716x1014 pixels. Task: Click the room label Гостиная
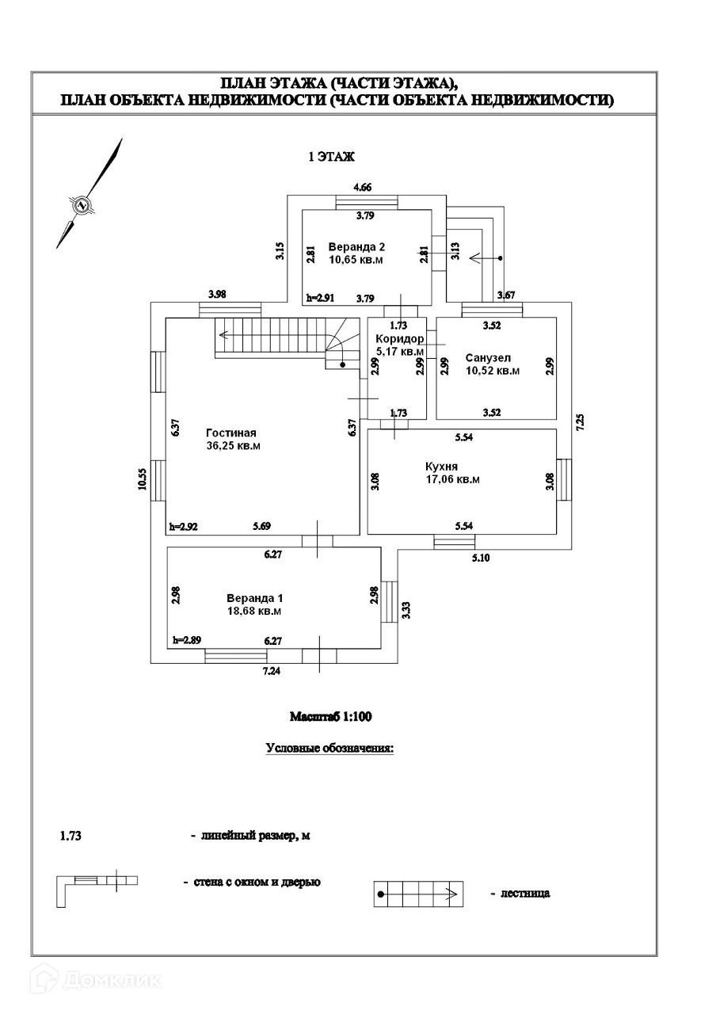click(x=230, y=433)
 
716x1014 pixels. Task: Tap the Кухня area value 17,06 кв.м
click(x=452, y=479)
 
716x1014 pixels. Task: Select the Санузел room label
click(x=488, y=357)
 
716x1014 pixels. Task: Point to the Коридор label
click(x=400, y=338)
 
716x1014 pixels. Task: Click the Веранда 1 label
click(x=255, y=598)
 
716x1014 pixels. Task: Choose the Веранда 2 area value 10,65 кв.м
click(x=356, y=260)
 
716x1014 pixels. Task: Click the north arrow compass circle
click(x=82, y=204)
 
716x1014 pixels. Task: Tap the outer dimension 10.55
click(x=143, y=479)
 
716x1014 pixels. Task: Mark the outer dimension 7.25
click(x=581, y=422)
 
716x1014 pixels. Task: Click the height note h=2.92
click(x=183, y=527)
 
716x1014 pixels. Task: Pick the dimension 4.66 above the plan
click(x=362, y=187)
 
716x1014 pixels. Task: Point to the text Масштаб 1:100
click(x=331, y=717)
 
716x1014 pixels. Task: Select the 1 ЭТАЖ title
click(x=331, y=157)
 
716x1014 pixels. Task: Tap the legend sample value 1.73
click(x=70, y=835)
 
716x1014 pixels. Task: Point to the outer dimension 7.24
click(x=272, y=671)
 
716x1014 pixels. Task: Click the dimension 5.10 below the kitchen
click(x=481, y=558)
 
